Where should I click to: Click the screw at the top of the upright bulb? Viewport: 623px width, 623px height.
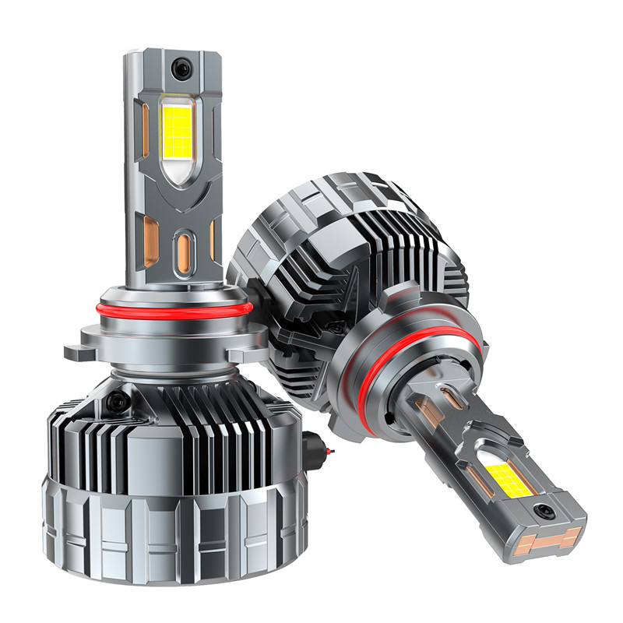(181, 69)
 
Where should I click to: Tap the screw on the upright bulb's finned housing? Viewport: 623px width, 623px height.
(118, 402)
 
